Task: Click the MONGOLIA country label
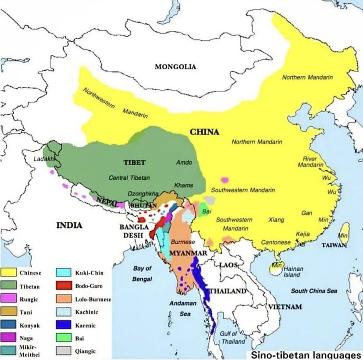click(175, 67)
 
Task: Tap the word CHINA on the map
click(204, 132)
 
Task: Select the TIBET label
click(134, 162)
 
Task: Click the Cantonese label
click(276, 242)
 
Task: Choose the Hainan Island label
click(291, 272)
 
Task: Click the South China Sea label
click(314, 291)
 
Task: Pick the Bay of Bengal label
click(142, 274)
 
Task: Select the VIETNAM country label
click(285, 307)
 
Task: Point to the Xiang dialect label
click(277, 220)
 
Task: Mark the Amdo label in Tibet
click(184, 162)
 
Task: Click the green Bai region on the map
click(204, 210)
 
